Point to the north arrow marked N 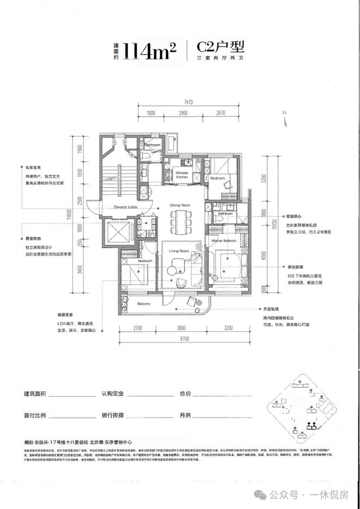point(284,113)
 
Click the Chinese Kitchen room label point(182,175)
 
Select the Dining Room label point(179,205)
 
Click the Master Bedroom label point(225,241)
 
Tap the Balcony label point(143,303)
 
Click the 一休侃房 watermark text point(331,495)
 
